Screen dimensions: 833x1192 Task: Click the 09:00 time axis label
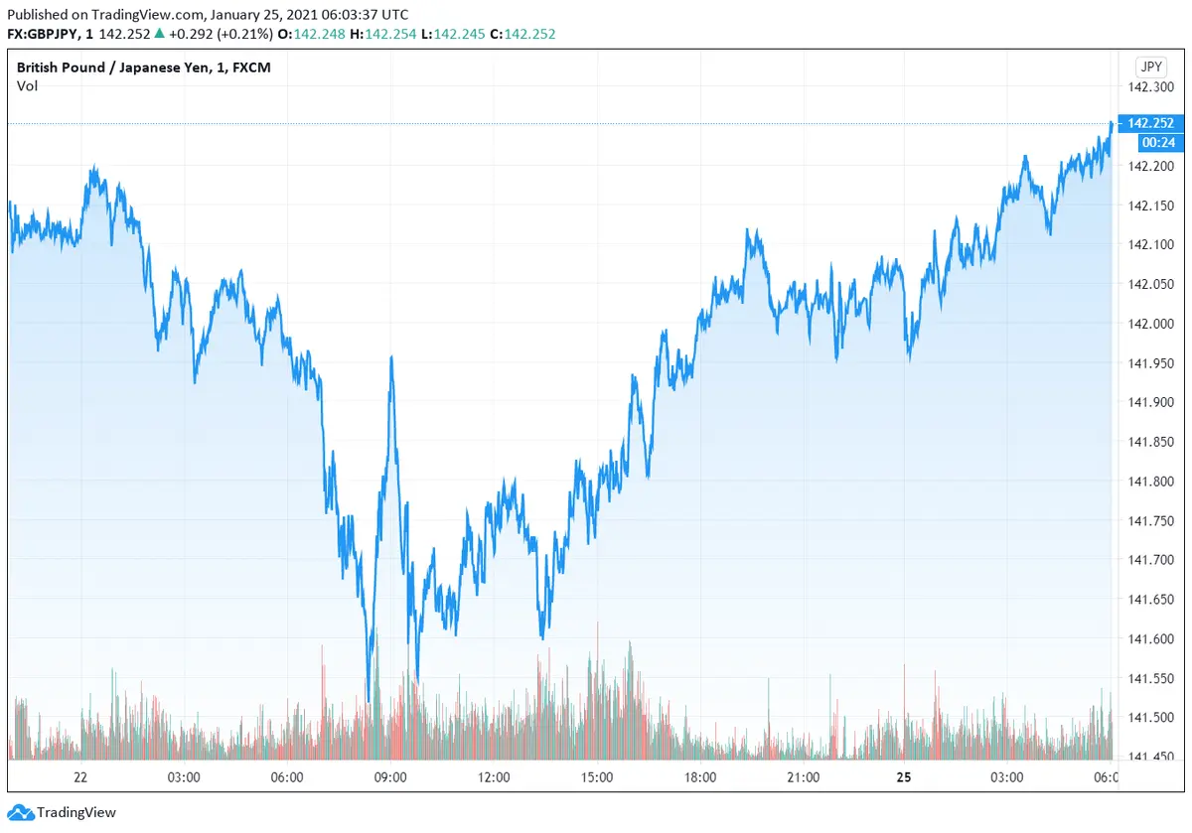click(389, 777)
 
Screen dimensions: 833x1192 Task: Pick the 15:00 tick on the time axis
click(596, 777)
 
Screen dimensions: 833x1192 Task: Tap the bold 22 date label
click(80, 777)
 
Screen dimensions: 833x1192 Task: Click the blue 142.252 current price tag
click(1150, 124)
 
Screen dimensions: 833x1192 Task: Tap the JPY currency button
click(1150, 68)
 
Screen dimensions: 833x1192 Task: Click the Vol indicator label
click(27, 86)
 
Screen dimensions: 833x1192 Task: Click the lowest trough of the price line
click(369, 701)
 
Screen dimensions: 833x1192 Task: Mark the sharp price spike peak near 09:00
click(392, 356)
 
